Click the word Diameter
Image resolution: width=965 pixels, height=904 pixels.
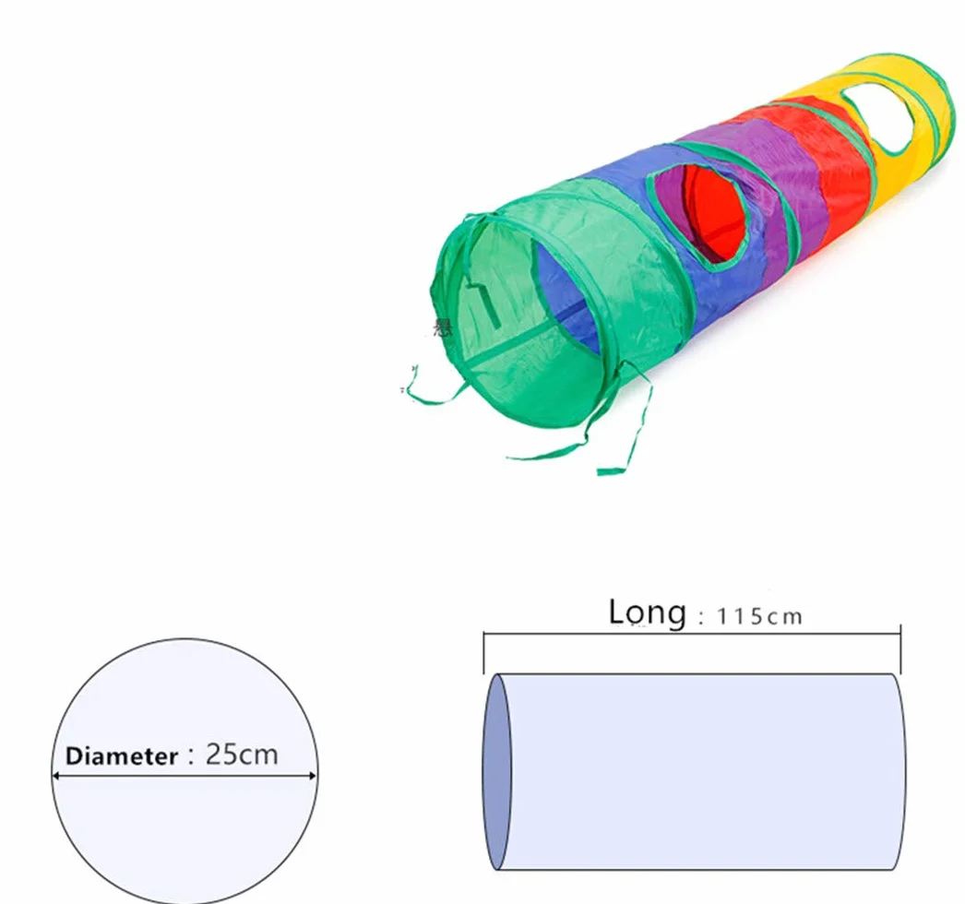click(x=121, y=756)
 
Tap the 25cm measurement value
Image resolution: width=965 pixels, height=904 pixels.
click(x=242, y=755)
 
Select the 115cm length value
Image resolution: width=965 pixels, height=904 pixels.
click(x=759, y=616)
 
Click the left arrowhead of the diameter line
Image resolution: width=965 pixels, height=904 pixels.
click(x=55, y=776)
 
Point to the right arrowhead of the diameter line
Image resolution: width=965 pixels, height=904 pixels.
click(x=313, y=776)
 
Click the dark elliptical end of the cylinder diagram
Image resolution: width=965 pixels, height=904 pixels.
click(x=496, y=772)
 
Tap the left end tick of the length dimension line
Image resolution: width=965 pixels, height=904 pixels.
click(x=483, y=652)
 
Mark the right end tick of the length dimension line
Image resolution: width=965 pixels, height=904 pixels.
click(x=900, y=649)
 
